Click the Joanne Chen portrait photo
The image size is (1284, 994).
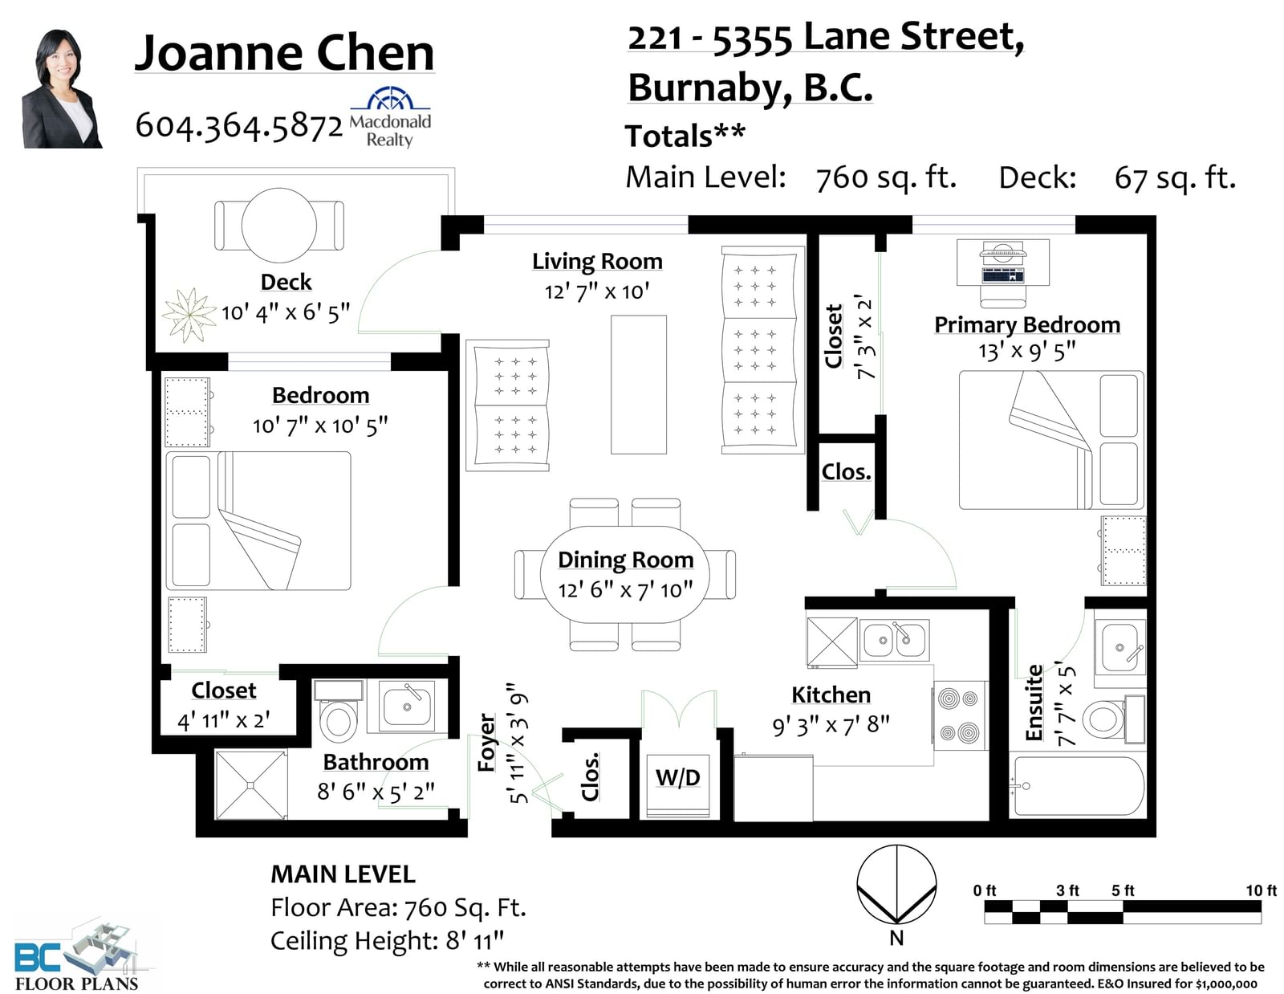click(62, 88)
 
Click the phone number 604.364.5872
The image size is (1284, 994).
click(238, 126)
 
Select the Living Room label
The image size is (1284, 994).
click(597, 261)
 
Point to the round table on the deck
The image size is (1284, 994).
click(279, 225)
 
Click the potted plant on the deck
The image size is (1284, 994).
click(189, 315)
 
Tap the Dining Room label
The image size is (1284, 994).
click(625, 560)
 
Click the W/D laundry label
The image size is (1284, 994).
click(678, 778)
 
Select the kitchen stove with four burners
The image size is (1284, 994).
click(959, 715)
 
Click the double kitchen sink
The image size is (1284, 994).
click(894, 641)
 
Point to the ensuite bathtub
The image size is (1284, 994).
click(1077, 785)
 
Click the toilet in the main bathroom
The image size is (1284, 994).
click(338, 711)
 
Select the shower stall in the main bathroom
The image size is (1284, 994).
click(251, 784)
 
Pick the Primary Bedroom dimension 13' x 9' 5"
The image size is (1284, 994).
click(1027, 351)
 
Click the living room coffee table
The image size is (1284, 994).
click(638, 384)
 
